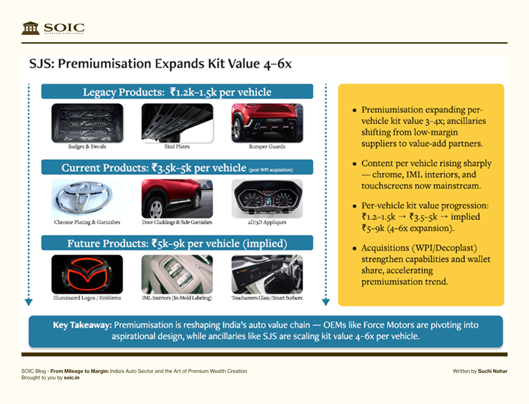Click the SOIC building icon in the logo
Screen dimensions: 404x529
pyautogui.click(x=31, y=28)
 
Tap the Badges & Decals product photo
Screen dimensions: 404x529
pyautogui.click(x=87, y=123)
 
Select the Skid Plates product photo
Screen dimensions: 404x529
pyautogui.click(x=177, y=123)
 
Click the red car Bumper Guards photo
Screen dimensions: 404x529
pyautogui.click(x=267, y=123)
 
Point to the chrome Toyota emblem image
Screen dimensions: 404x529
pyautogui.click(x=87, y=199)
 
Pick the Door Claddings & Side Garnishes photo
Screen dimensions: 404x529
pyautogui.click(x=177, y=199)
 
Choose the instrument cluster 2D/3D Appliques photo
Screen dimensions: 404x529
pyautogui.click(x=267, y=199)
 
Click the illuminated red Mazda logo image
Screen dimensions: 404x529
pyautogui.click(x=87, y=274)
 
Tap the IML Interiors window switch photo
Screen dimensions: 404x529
pyautogui.click(x=177, y=274)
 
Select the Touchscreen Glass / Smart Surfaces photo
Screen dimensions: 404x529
pyautogui.click(x=267, y=274)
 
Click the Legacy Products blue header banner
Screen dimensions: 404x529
pyautogui.click(x=177, y=92)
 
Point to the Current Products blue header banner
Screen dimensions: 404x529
pyautogui.click(x=177, y=167)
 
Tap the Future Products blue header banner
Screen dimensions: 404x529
pyautogui.click(x=177, y=243)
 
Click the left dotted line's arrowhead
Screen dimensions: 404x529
pyautogui.click(x=29, y=302)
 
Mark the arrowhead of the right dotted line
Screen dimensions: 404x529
pyautogui.click(x=326, y=302)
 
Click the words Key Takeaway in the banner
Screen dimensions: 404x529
pyautogui.click(x=82, y=325)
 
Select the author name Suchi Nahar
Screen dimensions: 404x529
pyautogui.click(x=493, y=371)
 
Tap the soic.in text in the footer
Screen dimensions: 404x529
pyautogui.click(x=71, y=378)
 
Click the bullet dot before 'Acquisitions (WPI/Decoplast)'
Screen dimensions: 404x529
pyautogui.click(x=354, y=248)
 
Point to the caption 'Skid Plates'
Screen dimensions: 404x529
pyautogui.click(x=177, y=147)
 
